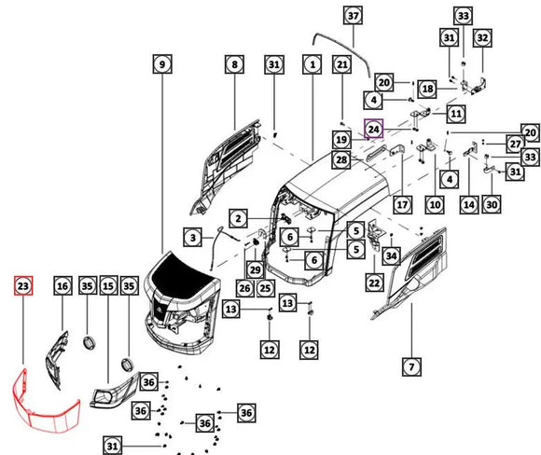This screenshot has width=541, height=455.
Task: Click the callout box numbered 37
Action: (353, 16)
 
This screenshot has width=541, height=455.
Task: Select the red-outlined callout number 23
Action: (23, 286)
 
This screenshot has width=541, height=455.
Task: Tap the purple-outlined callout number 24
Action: (374, 129)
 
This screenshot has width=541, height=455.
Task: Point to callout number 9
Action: (162, 64)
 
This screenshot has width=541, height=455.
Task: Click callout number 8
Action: (235, 64)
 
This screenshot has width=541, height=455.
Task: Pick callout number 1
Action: (312, 64)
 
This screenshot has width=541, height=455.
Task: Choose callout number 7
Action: (411, 366)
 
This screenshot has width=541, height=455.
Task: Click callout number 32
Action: (482, 37)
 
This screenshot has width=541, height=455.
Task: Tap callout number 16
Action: (62, 286)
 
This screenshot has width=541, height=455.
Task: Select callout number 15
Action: (108, 286)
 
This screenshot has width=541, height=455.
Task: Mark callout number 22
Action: (374, 283)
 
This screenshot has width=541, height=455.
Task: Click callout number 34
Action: (391, 256)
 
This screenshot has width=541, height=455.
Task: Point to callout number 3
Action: (192, 238)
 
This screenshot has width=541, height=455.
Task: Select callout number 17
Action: (402, 205)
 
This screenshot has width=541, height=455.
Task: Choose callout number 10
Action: (435, 205)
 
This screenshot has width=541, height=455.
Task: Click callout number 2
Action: (238, 218)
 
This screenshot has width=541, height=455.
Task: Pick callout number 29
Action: (256, 269)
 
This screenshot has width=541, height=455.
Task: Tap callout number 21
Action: (342, 64)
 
